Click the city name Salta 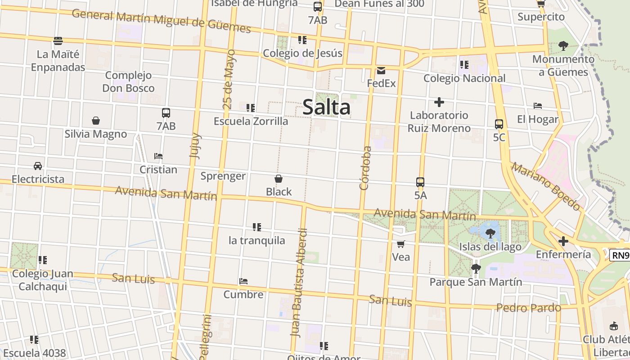tap(326, 107)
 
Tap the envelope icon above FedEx tap(381, 71)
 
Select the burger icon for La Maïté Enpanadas tap(58, 41)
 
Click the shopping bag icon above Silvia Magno tap(96, 121)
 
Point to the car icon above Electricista tap(38, 166)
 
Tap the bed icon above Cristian tap(158, 156)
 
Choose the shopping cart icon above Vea tap(400, 244)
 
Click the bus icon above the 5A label tap(420, 182)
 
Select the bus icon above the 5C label tap(499, 124)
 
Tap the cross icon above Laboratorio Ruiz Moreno tap(439, 102)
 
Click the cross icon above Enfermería tap(563, 241)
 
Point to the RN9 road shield tap(620, 256)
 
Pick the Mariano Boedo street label tap(545, 186)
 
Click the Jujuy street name tap(195, 145)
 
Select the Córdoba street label tap(365, 167)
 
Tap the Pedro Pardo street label tap(529, 308)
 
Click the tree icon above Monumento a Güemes tap(563, 45)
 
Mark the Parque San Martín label tap(476, 282)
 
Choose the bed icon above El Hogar tap(537, 106)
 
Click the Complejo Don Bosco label tap(128, 81)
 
